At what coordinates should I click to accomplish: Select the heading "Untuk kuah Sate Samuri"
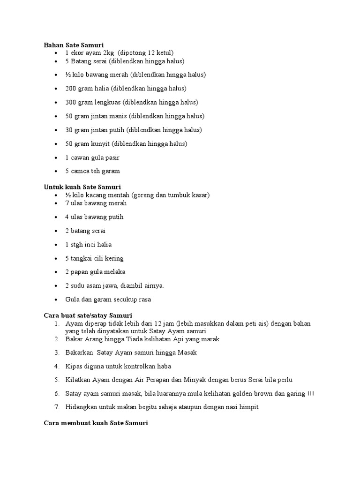[82, 187]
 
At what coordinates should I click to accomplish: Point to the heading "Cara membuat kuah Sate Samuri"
[96, 423]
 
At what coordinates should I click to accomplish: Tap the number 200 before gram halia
[71, 89]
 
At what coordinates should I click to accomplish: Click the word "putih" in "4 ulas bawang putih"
[115, 217]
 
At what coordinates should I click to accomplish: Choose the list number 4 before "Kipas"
[56, 366]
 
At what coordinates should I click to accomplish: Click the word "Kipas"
[74, 366]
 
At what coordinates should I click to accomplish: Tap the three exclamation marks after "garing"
[311, 394]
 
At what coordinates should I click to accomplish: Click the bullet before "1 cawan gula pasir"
[56, 157]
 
